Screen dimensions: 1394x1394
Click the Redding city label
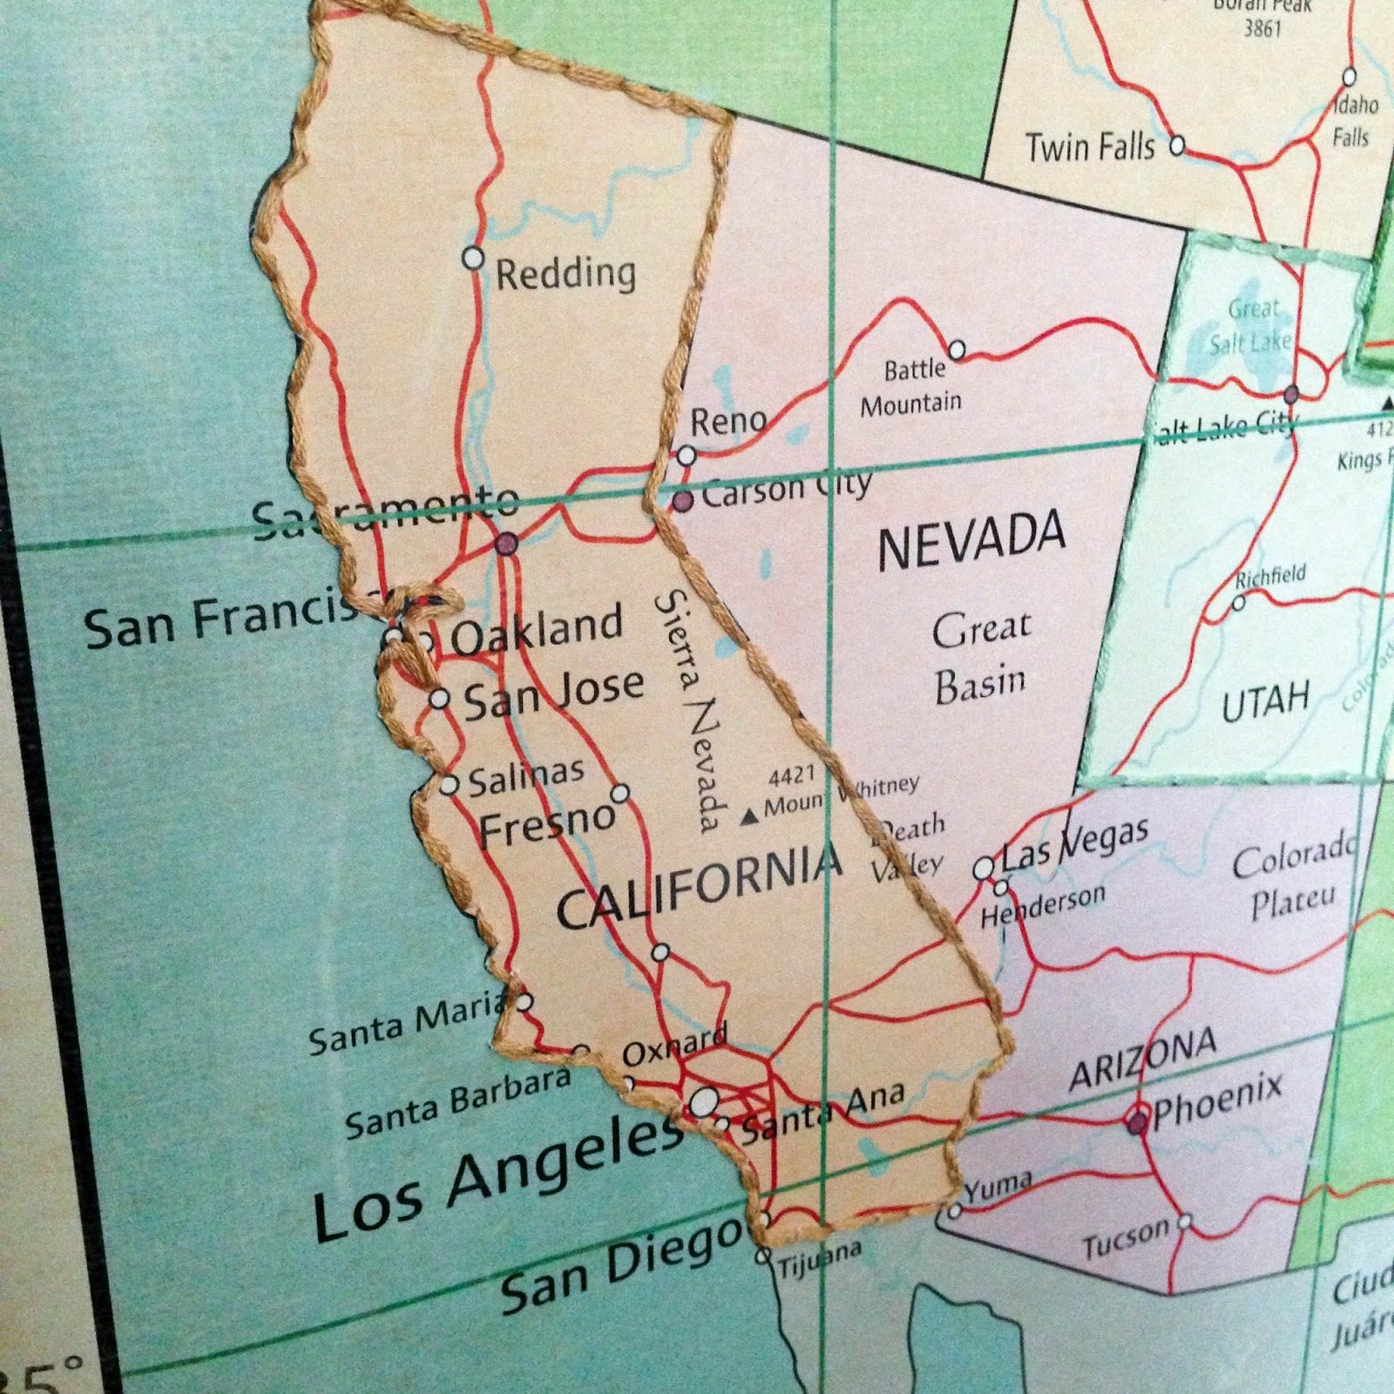[565, 274]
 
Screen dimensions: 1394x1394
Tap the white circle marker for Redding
[473, 258]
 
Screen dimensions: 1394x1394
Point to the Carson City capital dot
[684, 500]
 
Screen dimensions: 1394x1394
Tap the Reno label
[728, 423]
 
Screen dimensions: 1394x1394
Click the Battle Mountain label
[912, 387]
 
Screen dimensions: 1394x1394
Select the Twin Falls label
[1090, 147]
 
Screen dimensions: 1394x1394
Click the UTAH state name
[1265, 703]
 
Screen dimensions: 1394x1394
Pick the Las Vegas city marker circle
[983, 869]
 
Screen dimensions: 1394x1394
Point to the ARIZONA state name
[1142, 1059]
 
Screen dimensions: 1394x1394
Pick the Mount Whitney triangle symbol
[748, 817]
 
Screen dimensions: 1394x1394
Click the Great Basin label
[980, 658]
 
